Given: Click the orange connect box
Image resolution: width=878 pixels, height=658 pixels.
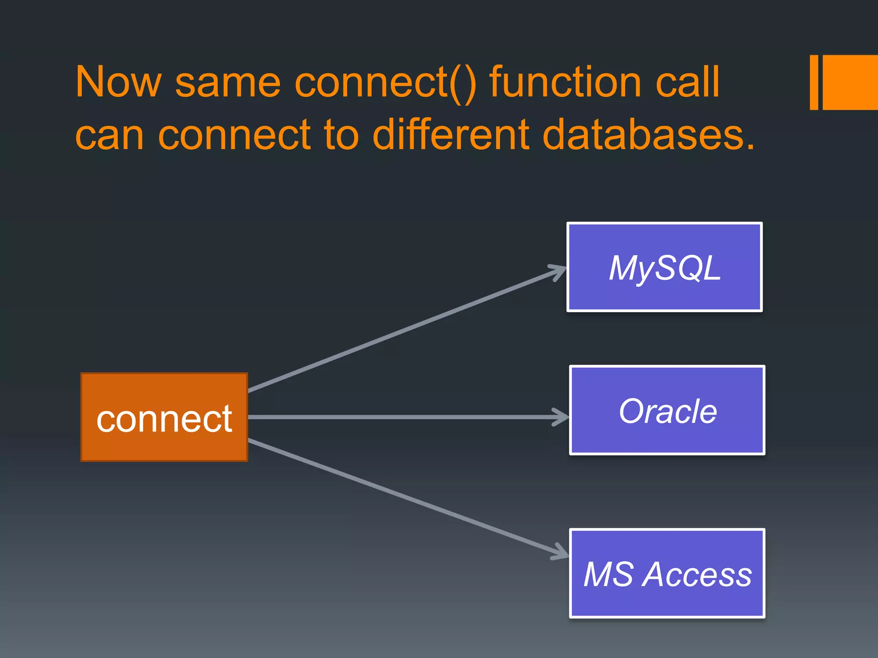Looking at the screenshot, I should [164, 417].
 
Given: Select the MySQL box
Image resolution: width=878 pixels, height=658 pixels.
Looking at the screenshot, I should [664, 267].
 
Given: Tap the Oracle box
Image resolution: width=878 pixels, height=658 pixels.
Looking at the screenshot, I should [667, 410].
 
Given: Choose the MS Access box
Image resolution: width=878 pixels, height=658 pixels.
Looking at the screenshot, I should [667, 574].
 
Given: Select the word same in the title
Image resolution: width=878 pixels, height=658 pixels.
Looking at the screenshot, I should [228, 82].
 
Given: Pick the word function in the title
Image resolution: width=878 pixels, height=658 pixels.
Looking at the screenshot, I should [565, 82].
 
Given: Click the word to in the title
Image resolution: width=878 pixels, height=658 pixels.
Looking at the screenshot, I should [341, 135].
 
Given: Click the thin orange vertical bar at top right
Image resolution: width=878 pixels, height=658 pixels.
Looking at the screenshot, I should [814, 82].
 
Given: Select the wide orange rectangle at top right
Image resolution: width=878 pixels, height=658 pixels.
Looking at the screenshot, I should [850, 82].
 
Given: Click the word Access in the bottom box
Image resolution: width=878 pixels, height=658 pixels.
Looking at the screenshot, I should [697, 574].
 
